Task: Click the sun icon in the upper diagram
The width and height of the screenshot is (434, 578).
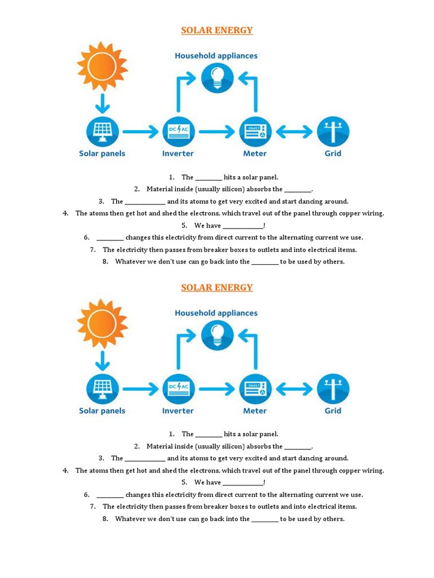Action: (102, 66)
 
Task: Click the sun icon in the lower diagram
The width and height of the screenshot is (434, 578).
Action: (102, 323)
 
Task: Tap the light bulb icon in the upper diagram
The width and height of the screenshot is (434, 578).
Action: (217, 77)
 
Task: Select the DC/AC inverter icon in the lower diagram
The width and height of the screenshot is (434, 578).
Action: (178, 389)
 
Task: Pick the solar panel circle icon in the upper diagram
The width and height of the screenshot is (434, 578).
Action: (102, 132)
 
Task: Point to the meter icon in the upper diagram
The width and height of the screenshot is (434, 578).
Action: (255, 132)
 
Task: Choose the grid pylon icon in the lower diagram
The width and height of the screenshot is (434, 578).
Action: (333, 389)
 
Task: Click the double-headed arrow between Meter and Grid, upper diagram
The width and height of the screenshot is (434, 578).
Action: (294, 132)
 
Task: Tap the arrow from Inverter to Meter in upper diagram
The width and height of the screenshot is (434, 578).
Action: (216, 132)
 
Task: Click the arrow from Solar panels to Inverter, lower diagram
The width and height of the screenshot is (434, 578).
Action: (140, 389)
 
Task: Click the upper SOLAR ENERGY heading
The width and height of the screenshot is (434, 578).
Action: (217, 30)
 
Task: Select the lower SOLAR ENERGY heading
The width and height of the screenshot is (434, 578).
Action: (217, 288)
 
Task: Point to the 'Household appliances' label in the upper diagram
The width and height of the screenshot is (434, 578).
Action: (216, 56)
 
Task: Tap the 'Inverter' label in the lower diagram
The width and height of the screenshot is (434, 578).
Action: (178, 411)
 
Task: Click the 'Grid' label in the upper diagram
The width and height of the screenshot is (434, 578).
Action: (333, 154)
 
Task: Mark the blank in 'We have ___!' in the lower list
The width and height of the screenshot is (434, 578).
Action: (242, 483)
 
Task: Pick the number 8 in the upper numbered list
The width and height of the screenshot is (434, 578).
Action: (105, 261)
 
